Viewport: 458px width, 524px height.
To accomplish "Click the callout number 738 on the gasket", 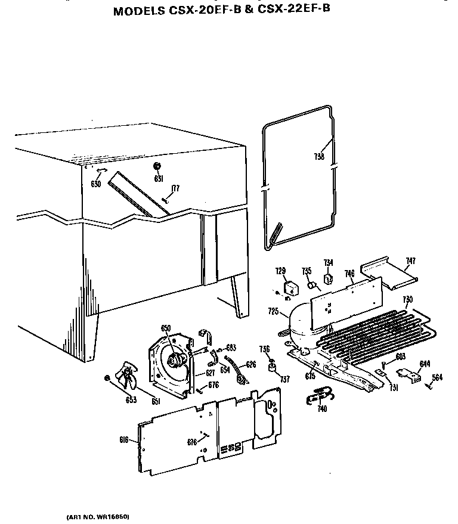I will (x=319, y=157).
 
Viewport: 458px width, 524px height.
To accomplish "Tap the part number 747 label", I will (x=411, y=261).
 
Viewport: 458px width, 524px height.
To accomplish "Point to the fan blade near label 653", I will (x=128, y=377).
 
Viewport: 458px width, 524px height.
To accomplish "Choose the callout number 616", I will (x=124, y=440).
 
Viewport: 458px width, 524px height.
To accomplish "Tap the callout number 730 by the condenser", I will (x=407, y=299).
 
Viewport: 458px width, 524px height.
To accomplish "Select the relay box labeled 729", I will (x=290, y=290).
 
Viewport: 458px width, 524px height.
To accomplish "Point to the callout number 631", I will (x=159, y=178).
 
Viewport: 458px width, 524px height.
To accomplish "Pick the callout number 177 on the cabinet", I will (x=175, y=188).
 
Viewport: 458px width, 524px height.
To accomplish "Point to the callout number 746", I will (x=349, y=274).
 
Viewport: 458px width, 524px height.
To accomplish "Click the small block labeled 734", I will (x=327, y=278).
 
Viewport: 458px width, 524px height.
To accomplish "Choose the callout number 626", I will (x=251, y=364).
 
